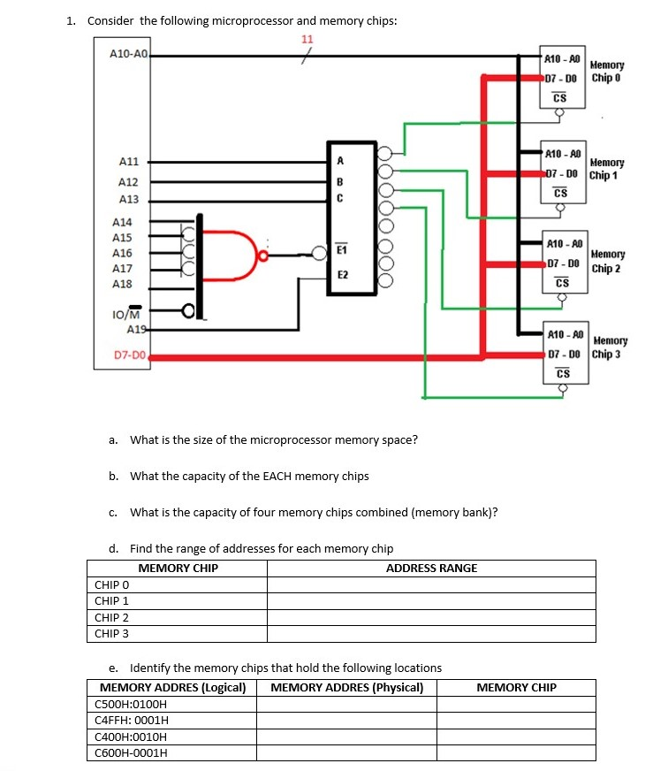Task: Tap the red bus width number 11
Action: (307, 39)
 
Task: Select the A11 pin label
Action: (129, 162)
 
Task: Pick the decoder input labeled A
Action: (339, 161)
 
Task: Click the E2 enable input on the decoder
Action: (341, 275)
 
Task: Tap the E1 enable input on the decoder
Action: (341, 253)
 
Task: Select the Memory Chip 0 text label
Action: (606, 71)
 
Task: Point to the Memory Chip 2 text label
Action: (609, 261)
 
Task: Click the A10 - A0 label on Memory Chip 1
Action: (563, 153)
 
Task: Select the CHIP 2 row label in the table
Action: (112, 617)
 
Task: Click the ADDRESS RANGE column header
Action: (431, 568)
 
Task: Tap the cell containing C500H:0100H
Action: (130, 704)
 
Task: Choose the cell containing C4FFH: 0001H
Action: (131, 720)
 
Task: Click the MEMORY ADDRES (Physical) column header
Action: (346, 687)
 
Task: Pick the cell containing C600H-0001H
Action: (131, 752)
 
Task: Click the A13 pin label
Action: (129, 200)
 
